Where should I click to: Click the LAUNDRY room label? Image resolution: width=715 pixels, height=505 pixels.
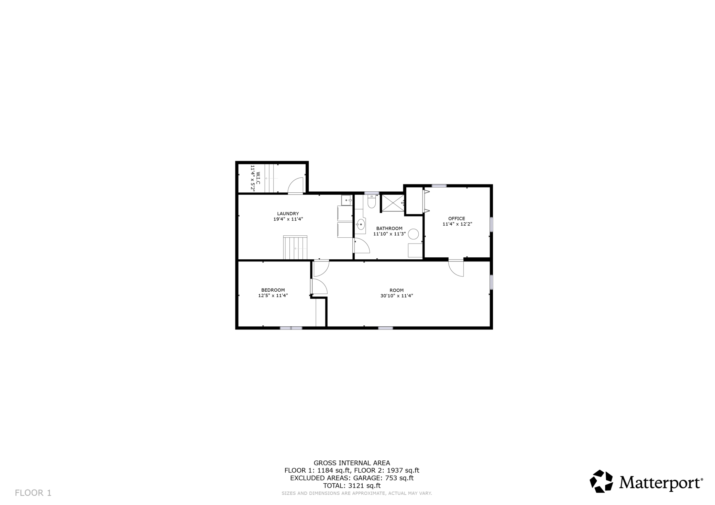coord(288,214)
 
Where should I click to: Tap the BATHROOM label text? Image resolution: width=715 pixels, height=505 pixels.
coord(389,228)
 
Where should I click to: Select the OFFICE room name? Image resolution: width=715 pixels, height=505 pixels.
coord(456,218)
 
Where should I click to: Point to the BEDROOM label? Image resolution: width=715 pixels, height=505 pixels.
coord(273,290)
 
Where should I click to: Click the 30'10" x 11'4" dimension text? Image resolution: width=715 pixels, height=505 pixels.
coord(397,295)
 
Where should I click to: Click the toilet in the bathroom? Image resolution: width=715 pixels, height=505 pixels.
coord(371,202)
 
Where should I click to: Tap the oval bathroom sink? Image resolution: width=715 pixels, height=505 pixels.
coord(360,225)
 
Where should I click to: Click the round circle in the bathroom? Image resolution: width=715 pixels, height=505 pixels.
coord(413,234)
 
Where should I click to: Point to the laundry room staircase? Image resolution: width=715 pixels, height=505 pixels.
coord(295,248)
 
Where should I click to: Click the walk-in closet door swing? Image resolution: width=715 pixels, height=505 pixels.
coord(296,186)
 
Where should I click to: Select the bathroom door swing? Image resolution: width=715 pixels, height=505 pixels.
coord(362,246)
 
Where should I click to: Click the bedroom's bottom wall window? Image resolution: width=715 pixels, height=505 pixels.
coord(291,328)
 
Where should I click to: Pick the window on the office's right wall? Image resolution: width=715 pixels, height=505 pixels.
coord(491,224)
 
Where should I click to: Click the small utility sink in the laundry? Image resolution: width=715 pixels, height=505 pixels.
coord(346,200)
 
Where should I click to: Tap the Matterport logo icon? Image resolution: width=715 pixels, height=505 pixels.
coord(602,481)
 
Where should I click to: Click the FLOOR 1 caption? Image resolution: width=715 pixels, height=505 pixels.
coord(33,493)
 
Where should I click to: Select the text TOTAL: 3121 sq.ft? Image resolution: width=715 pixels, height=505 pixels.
coord(352,486)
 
